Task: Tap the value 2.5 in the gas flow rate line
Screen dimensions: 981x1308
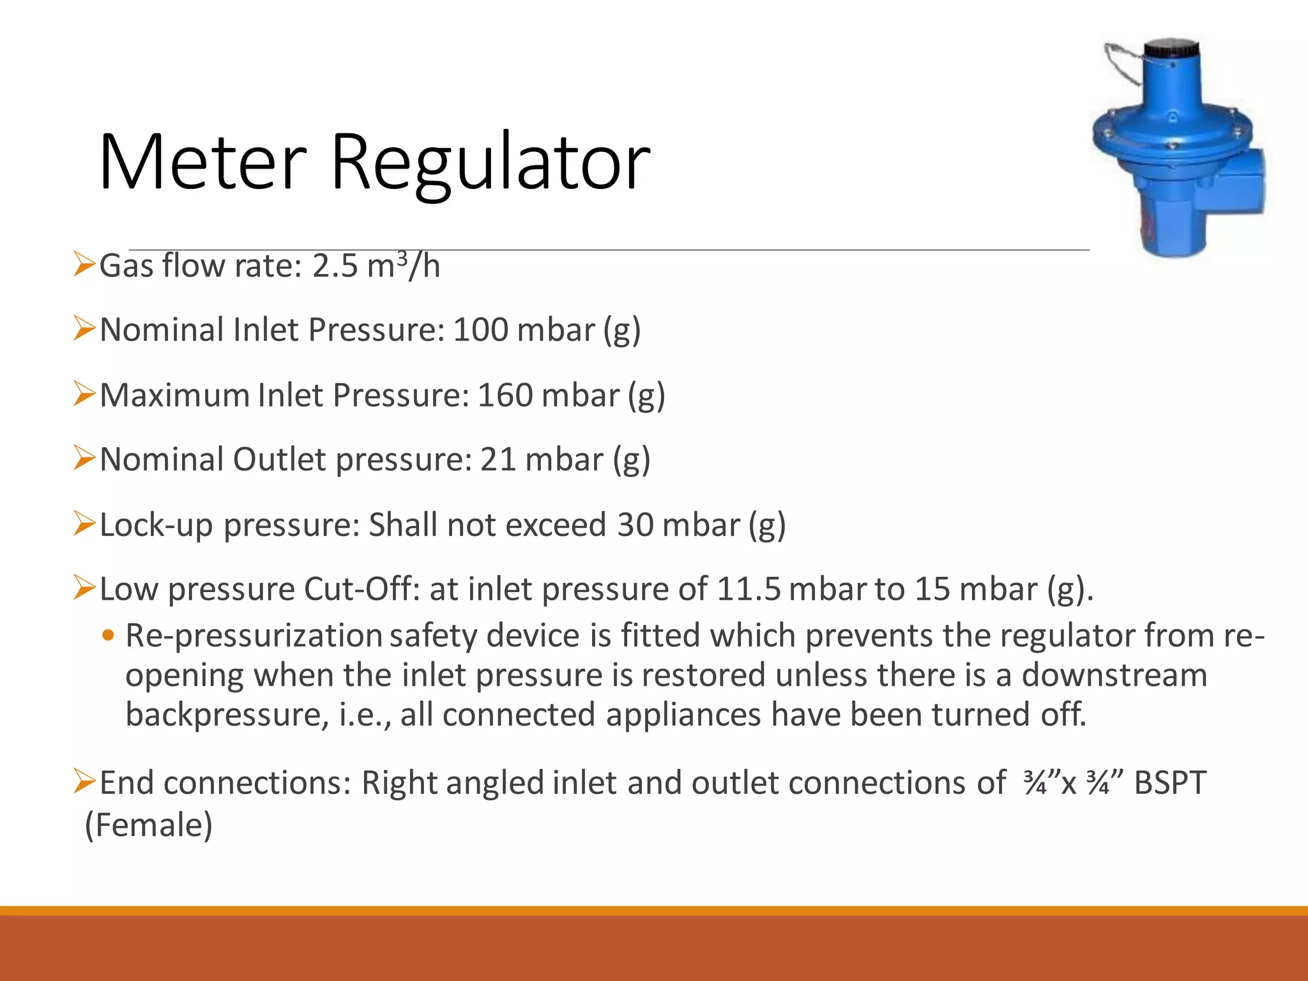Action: (335, 266)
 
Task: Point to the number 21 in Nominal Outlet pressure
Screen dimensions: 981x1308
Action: (498, 459)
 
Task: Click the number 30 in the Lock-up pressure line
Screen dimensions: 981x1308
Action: (635, 524)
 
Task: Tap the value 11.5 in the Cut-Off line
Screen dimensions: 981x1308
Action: (749, 589)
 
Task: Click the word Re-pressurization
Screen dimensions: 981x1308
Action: (254, 636)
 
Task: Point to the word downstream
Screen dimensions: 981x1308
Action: (1114, 675)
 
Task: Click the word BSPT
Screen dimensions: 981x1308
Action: (1170, 783)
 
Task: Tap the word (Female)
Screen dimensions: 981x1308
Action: (148, 825)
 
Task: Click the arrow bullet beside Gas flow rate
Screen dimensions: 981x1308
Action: (84, 264)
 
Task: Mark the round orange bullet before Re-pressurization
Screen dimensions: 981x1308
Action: (109, 635)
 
